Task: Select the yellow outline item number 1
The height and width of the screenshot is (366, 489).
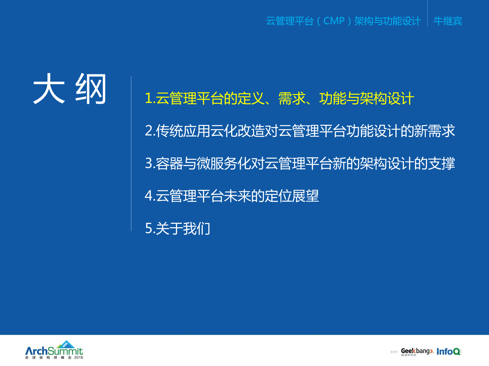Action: coord(279,99)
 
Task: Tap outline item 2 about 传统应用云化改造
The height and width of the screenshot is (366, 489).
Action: coord(299,131)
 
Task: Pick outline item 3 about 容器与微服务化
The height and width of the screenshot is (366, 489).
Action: coord(299,163)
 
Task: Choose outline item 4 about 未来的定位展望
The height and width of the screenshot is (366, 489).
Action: coord(231,196)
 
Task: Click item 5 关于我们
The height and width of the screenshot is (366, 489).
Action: coord(177,228)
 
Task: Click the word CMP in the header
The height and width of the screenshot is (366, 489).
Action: coord(334,21)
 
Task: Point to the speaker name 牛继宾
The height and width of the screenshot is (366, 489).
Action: coord(448,21)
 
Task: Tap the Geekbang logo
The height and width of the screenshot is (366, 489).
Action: coord(417,351)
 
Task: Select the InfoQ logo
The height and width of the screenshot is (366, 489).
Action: coord(448,352)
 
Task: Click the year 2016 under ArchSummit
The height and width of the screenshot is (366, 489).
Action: coord(78,357)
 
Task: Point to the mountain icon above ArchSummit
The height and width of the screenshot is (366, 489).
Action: coord(66,344)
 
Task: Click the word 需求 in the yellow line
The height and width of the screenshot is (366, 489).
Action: coord(292,99)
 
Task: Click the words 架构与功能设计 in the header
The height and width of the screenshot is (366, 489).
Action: coord(387,21)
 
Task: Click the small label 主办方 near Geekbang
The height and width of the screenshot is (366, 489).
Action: coord(394,352)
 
